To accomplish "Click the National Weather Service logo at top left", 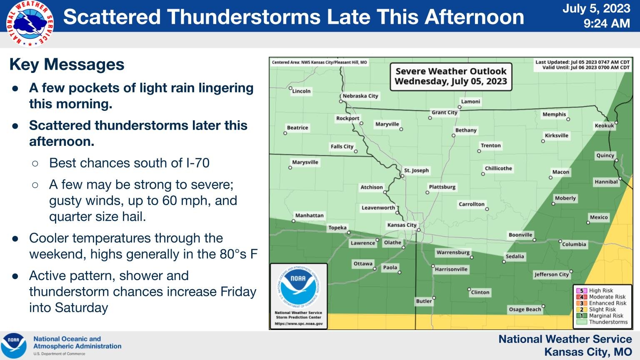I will click(x=30, y=24).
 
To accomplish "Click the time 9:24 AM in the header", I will click(x=606, y=23).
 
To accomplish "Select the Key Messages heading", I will click(x=67, y=65).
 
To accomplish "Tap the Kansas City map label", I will click(x=402, y=225).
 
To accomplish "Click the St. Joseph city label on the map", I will click(x=416, y=170).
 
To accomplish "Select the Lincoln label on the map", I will click(x=301, y=91).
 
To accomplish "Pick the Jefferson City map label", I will click(x=551, y=275).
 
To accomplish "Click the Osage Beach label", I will click(x=525, y=309).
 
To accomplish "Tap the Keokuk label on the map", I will click(x=604, y=125).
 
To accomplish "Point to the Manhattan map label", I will click(x=309, y=215).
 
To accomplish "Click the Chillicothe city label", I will click(x=498, y=168).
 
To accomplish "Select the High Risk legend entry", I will click(x=601, y=290).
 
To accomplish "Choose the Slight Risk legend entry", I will click(x=602, y=309).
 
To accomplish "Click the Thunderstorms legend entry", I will click(x=608, y=322).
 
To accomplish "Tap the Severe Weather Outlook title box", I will click(x=451, y=76).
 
